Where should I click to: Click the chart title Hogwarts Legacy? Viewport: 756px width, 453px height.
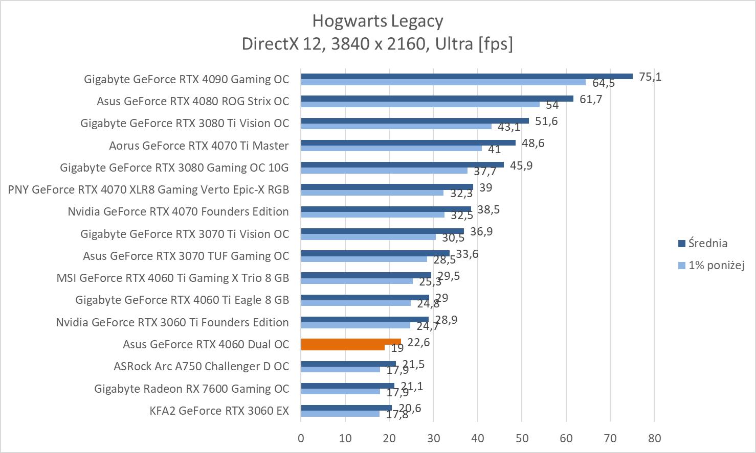pos(377,21)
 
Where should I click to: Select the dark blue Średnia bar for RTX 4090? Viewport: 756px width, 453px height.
pos(466,76)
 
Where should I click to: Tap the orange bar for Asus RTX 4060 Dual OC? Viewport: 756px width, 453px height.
pos(350,342)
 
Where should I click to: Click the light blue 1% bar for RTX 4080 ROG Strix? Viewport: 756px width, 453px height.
pos(420,104)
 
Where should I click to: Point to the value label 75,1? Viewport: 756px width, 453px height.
pos(650,77)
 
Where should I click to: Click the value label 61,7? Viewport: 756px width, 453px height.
pos(591,99)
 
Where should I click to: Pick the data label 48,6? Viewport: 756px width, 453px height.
pos(533,143)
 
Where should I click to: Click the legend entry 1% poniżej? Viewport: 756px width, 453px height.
pos(716,265)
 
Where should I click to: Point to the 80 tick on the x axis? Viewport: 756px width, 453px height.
pos(654,438)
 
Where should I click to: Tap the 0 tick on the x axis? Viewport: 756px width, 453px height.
pos(301,438)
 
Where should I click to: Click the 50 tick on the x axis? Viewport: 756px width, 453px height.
pos(522,438)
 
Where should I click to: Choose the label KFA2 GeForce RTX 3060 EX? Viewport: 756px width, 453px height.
pos(219,411)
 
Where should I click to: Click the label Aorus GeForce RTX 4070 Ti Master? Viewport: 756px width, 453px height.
pos(198,146)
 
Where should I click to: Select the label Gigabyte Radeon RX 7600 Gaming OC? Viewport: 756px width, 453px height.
pos(191,389)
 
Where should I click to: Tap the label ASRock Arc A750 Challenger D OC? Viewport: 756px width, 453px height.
pos(201,366)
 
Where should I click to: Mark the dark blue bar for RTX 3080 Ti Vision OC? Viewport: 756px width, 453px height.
pos(414,121)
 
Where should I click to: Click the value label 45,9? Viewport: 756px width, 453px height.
pos(521,165)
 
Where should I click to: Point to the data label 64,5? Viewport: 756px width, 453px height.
pos(604,83)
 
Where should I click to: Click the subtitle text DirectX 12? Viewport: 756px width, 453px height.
pos(282,44)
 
